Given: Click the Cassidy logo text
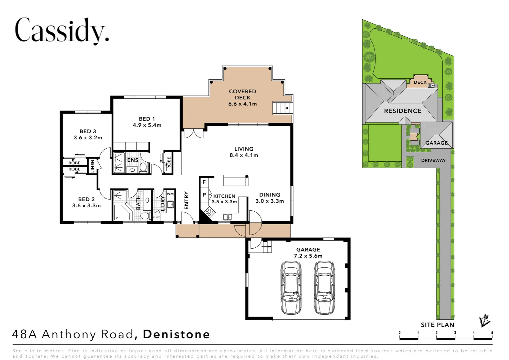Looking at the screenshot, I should click(x=62, y=31).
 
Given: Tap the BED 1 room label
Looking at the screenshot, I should click(x=147, y=119).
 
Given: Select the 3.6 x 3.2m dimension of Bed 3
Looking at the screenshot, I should click(x=88, y=138).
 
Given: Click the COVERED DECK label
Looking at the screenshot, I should click(x=243, y=94).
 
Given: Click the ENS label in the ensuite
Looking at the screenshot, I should click(x=133, y=160).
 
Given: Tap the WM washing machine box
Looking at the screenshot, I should click(x=170, y=194).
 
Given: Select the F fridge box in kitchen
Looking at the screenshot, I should click(x=204, y=182).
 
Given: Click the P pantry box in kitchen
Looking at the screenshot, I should click(x=204, y=195).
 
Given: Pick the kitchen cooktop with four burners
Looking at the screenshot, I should click(x=209, y=212).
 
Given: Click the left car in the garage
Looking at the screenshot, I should click(x=291, y=288).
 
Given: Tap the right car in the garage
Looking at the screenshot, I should click(x=324, y=288).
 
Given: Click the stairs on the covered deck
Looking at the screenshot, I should click(x=279, y=108).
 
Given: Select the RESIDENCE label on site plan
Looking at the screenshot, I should click(x=402, y=111).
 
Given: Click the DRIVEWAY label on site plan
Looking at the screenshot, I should click(x=433, y=160).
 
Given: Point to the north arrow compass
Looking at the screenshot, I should click(x=485, y=321).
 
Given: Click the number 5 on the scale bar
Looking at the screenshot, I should click(x=492, y=333).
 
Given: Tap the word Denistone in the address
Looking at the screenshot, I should click(x=177, y=334).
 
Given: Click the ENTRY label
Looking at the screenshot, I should click(x=186, y=200).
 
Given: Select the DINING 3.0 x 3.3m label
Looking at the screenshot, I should click(x=269, y=198).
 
